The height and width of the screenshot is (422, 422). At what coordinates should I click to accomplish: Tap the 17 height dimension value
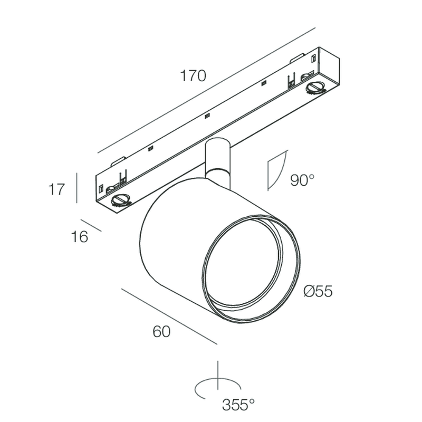pyautogui.click(x=56, y=189)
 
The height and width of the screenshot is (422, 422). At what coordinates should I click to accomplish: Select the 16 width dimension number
pyautogui.click(x=80, y=237)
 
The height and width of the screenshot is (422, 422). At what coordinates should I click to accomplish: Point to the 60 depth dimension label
pyautogui.click(x=162, y=332)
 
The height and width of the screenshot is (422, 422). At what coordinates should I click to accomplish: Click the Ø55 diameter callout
pyautogui.click(x=318, y=291)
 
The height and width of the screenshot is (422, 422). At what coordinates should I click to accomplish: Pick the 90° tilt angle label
pyautogui.click(x=302, y=180)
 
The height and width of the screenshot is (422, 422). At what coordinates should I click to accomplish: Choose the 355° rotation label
pyautogui.click(x=238, y=405)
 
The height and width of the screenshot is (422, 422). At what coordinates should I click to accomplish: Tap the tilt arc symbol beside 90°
pyautogui.click(x=276, y=170)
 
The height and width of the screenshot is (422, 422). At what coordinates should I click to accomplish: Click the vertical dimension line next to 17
pyautogui.click(x=78, y=187)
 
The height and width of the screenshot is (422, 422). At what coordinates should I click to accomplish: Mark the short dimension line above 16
pyautogui.click(x=91, y=225)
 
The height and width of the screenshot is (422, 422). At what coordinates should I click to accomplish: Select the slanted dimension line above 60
pyautogui.click(x=169, y=316)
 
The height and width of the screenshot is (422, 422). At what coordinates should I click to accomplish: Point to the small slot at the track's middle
pyautogui.click(x=207, y=114)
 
